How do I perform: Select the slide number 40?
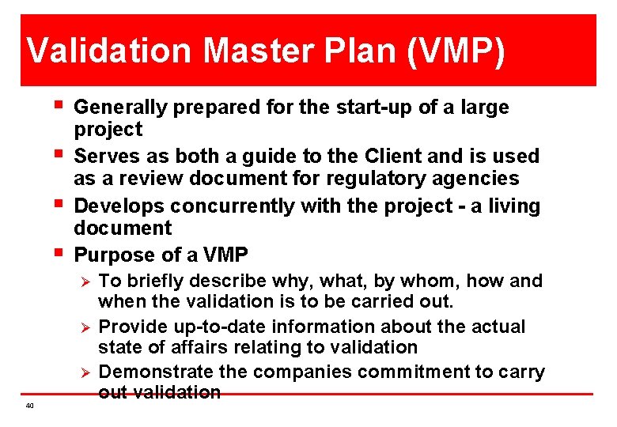pos(29,406)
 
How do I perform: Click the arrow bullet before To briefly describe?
pos(87,281)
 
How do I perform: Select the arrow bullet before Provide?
pos(87,327)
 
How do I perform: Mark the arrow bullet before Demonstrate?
pos(87,372)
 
